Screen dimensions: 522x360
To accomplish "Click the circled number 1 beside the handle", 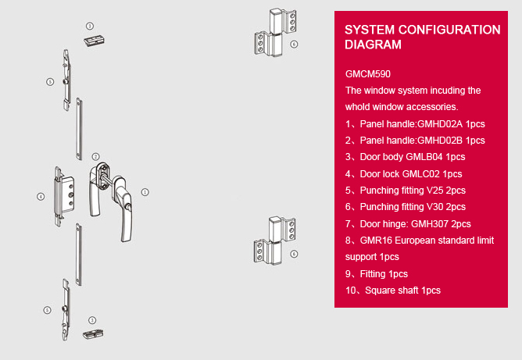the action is pyautogui.click(x=145, y=192).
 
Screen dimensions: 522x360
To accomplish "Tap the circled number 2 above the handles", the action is pyautogui.click(x=95, y=156).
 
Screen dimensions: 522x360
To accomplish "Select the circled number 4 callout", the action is pyautogui.click(x=41, y=197).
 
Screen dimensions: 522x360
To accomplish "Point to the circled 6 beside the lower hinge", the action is pyautogui.click(x=294, y=254).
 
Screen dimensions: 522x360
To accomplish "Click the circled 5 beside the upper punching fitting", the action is pyautogui.click(x=50, y=81).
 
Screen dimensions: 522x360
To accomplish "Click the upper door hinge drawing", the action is pyautogui.click(x=275, y=32).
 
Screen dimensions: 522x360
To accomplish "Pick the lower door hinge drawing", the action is pyautogui.click(x=274, y=241).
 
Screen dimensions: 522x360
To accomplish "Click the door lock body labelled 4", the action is pyautogui.click(x=64, y=197).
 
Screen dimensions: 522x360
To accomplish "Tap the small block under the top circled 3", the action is pyautogui.click(x=95, y=41).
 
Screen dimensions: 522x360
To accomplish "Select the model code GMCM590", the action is pyautogui.click(x=368, y=74).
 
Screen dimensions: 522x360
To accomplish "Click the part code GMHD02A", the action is pyautogui.click(x=440, y=124).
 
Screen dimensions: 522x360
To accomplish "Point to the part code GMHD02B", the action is pyautogui.click(x=440, y=141).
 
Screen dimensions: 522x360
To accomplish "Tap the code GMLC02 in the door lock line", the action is pyautogui.click(x=420, y=174).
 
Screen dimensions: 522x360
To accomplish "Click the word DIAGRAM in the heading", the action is pyautogui.click(x=373, y=45).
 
